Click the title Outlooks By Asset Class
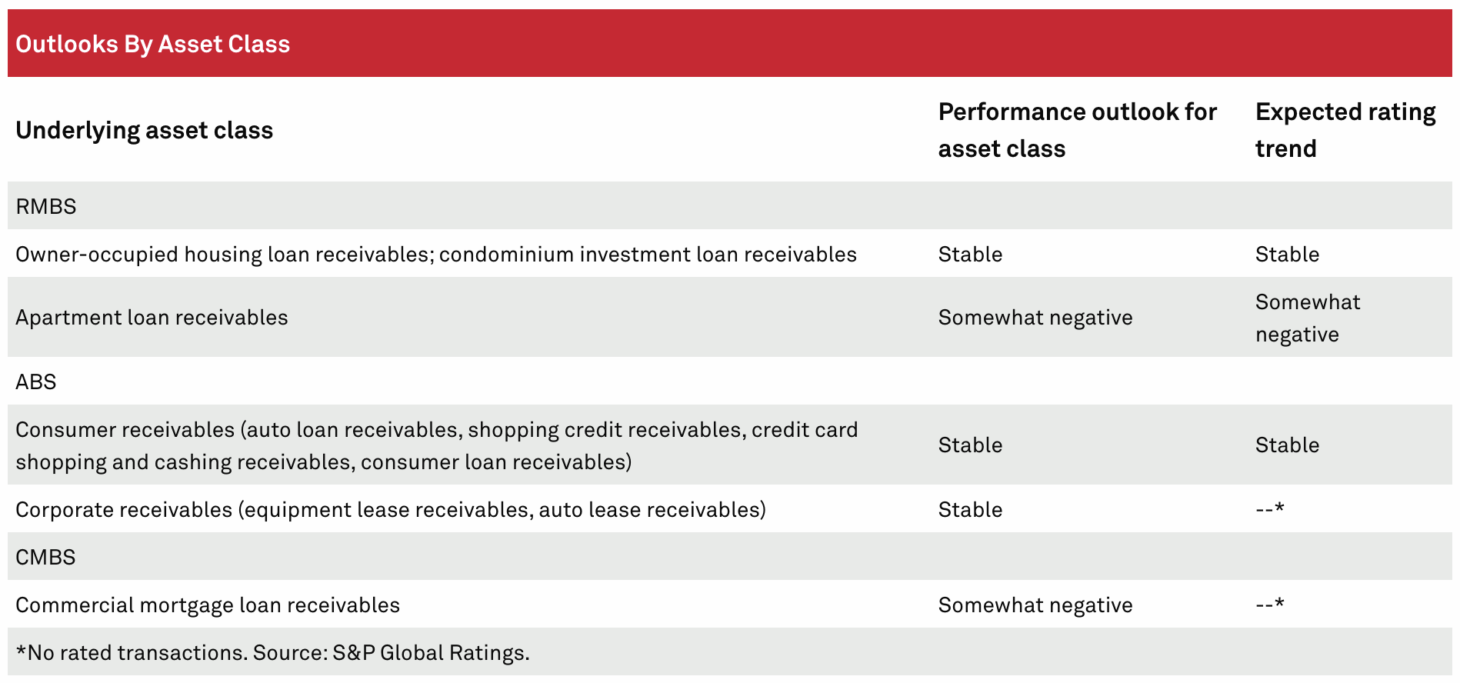click(152, 44)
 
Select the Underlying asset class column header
click(144, 130)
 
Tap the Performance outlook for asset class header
click(1077, 130)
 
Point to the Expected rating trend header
click(1345, 130)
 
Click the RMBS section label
click(45, 206)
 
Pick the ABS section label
click(35, 381)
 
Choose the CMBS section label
click(45, 557)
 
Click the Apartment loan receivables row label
click(152, 318)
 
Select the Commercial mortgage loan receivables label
click(208, 605)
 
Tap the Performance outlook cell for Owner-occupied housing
click(970, 255)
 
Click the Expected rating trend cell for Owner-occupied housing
click(1287, 255)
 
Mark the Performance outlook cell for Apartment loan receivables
click(1035, 318)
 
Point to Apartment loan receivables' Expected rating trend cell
click(1308, 318)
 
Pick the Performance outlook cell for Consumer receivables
click(970, 445)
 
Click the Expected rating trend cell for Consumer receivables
click(1287, 445)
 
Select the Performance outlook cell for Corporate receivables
click(970, 510)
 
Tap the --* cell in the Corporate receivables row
click(1270, 508)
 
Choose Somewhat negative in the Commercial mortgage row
click(1035, 605)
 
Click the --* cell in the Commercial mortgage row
click(1270, 604)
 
